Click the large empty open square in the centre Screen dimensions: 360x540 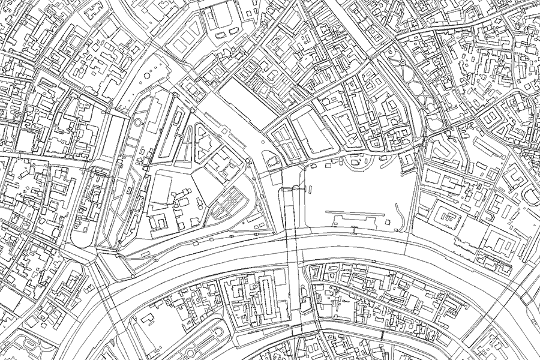354,192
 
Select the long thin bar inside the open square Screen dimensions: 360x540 356,214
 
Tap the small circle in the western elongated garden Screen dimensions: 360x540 138,122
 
